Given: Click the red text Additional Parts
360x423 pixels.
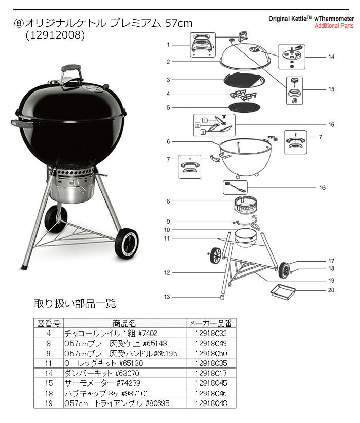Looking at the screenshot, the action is pos(334,26).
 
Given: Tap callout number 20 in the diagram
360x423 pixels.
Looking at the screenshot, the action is pos(331,290).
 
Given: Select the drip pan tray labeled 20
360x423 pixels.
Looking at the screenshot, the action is pos(283,291).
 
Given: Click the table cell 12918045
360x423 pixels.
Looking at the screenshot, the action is pos(211,383).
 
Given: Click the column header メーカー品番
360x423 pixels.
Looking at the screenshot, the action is pos(211,323).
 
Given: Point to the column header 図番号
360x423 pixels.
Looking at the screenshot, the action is pos(48,323).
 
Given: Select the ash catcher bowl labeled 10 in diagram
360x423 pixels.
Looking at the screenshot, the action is pos(245,238).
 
